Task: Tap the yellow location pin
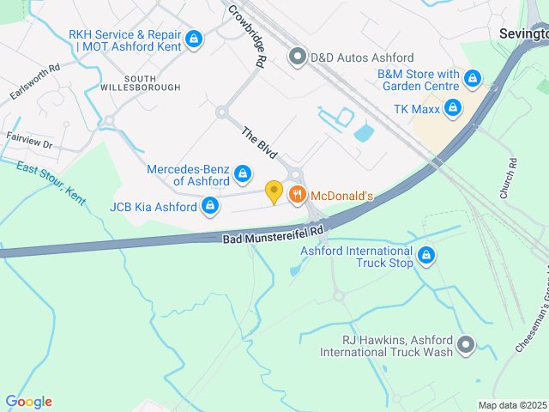[x=274, y=192]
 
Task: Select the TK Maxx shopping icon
[x=453, y=108]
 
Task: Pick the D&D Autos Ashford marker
[x=298, y=58]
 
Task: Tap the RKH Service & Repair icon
[x=194, y=39]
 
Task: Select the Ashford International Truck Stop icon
[x=425, y=255]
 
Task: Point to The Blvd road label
[x=258, y=142]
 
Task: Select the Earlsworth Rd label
[x=30, y=82]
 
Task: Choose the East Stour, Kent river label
[x=51, y=183]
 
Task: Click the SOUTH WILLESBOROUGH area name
[x=141, y=82]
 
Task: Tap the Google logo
[x=28, y=402]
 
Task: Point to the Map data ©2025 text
[x=512, y=405]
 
